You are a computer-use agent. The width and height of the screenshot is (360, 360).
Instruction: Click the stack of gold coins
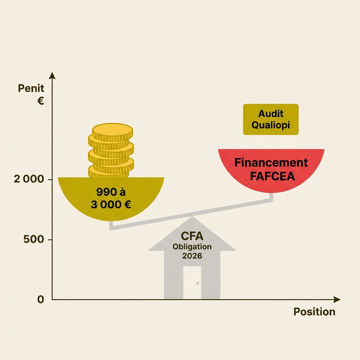tap(111, 151)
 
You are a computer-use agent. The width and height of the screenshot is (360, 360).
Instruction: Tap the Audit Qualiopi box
tap(271, 119)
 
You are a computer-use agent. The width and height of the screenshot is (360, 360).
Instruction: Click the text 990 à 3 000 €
tap(111, 198)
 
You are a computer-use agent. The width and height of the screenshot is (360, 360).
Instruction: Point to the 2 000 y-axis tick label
tap(29, 179)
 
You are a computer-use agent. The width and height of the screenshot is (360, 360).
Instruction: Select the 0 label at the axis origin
tap(40, 300)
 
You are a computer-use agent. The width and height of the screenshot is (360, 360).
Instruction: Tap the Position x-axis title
tap(314, 312)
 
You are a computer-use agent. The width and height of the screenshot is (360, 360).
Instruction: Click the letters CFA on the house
tap(192, 236)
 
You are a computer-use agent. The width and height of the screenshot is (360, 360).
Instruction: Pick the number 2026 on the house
tap(192, 256)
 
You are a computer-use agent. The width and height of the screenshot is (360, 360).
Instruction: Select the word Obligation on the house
tap(192, 246)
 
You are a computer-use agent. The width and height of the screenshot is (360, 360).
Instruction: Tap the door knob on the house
tap(198, 283)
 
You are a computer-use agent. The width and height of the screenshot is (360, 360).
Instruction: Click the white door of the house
tap(192, 283)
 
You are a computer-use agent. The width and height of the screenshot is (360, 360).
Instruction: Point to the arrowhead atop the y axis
tap(52, 75)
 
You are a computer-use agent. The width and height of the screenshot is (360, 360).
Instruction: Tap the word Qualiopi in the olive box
tap(271, 125)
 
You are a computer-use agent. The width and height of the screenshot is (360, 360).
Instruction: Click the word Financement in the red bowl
tap(271, 163)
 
